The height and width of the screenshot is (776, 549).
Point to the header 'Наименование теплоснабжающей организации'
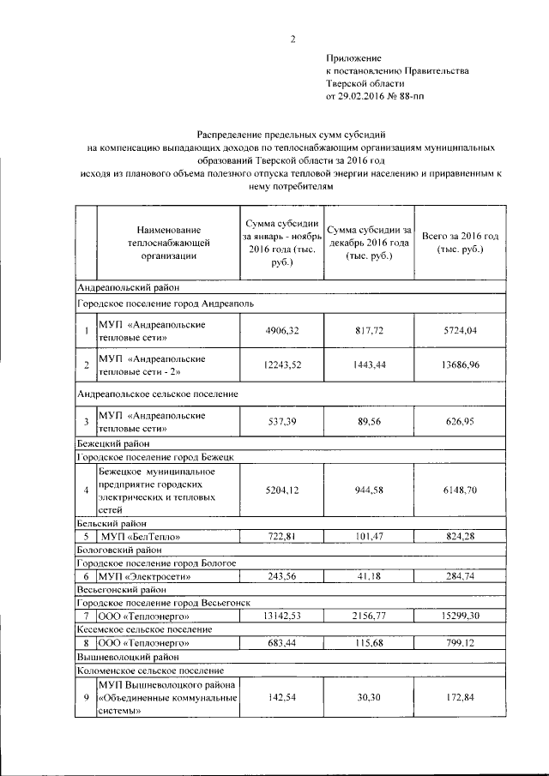click(x=168, y=242)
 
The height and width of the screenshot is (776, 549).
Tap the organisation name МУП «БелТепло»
click(x=133, y=536)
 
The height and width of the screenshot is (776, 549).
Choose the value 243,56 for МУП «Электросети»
click(x=282, y=576)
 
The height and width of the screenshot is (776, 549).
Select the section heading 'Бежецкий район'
click(x=113, y=444)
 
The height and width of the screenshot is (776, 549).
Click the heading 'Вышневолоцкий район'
click(x=121, y=655)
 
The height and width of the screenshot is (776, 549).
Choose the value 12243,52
click(x=282, y=364)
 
